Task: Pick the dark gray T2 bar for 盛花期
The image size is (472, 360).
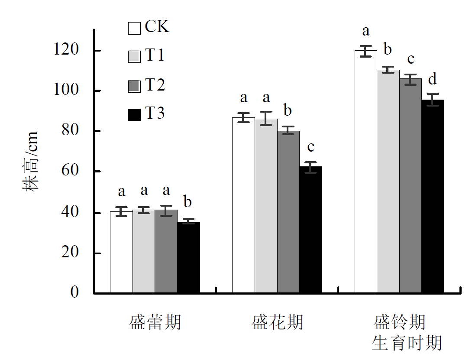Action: point(288,212)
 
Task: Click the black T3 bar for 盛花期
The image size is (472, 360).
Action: point(311,230)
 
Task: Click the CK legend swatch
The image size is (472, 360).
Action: point(134,28)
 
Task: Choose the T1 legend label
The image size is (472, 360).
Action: point(155,56)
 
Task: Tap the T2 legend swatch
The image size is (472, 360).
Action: point(134,86)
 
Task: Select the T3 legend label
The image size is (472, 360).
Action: point(155,114)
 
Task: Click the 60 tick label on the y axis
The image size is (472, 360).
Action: point(71,172)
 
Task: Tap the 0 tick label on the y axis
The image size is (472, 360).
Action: point(75,293)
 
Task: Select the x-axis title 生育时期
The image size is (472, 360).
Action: point(407,343)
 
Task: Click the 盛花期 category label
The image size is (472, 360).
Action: point(277,323)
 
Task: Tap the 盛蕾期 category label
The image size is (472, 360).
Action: point(155,323)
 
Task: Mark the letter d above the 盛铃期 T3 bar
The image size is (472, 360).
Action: point(432,79)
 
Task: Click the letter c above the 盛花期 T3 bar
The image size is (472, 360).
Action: point(310,147)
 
